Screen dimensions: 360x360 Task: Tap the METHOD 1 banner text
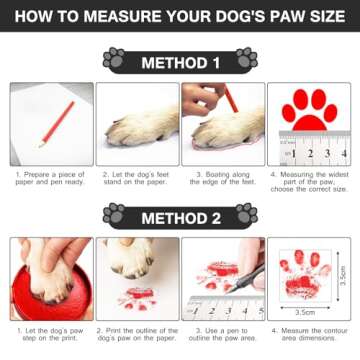point(180,61)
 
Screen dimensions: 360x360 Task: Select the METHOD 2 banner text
point(180,215)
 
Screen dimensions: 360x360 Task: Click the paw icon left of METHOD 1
point(114,59)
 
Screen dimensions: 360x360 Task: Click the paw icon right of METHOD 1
point(246,59)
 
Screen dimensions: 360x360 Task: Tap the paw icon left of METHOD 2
point(114,214)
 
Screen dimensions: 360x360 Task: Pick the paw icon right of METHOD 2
point(246,214)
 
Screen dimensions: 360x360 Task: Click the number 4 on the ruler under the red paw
point(343,156)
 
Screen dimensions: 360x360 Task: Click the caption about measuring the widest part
point(310,184)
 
